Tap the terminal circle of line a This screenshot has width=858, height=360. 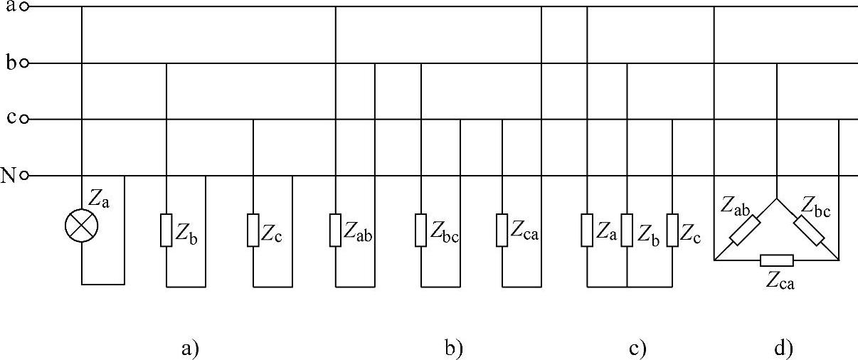[x=24, y=7]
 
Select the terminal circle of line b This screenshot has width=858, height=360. [x=24, y=63]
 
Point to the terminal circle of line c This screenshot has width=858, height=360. [x=24, y=119]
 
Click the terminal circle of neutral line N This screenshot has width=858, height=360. [x=24, y=175]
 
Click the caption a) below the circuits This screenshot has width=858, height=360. [x=189, y=349]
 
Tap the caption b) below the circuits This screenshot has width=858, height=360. [x=453, y=349]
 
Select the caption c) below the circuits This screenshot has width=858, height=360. [x=637, y=349]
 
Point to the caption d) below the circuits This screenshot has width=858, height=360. [x=783, y=349]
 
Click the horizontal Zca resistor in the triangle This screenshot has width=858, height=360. [x=776, y=260]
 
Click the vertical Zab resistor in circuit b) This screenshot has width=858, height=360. [x=335, y=230]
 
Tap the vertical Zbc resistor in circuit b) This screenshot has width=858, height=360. [x=421, y=230]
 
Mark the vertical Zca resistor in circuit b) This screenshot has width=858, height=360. [x=502, y=230]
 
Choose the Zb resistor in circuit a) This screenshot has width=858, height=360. [x=166, y=230]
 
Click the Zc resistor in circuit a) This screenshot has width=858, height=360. [x=253, y=230]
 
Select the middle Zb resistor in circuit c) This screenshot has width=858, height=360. [x=627, y=230]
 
